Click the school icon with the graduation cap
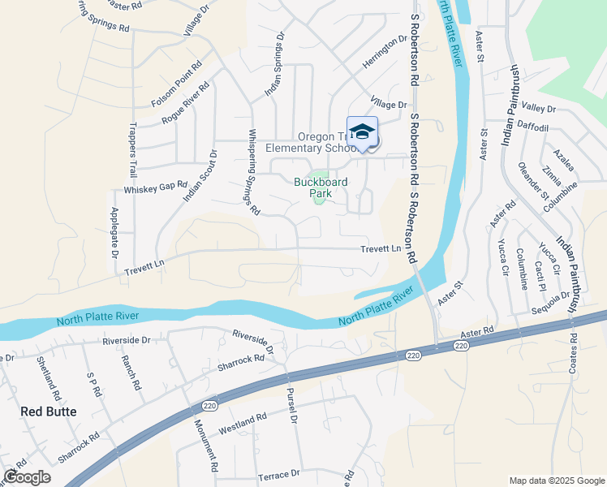tap(362, 132)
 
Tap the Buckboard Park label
tap(321, 188)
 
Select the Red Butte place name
tap(49, 412)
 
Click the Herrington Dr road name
tap(384, 50)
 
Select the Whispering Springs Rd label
tap(253, 172)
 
